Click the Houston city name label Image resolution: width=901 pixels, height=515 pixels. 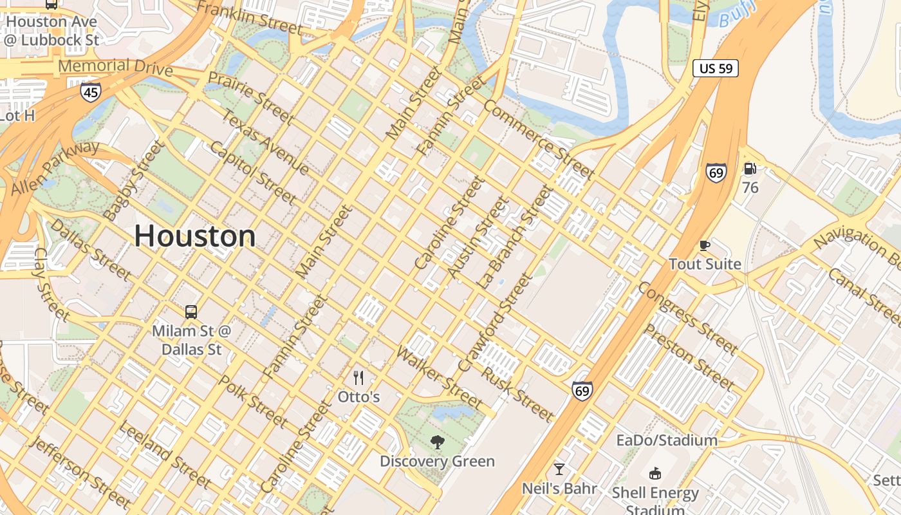[x=195, y=236]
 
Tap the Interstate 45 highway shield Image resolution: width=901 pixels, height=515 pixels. [x=91, y=92]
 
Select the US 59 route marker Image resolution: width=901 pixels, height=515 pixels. [x=716, y=68]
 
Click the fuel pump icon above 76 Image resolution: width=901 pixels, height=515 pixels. [x=750, y=169]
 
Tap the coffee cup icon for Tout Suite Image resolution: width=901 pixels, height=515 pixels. [x=705, y=245]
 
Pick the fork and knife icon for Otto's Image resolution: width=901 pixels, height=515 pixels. [x=359, y=378]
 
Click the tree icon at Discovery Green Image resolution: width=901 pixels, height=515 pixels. [x=438, y=442]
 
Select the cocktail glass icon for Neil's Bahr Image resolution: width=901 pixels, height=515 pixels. [x=559, y=469]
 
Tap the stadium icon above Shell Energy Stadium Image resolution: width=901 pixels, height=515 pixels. [x=655, y=474]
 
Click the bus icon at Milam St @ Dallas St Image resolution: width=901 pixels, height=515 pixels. [x=191, y=312]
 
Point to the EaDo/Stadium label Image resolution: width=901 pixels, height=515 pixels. [x=667, y=440]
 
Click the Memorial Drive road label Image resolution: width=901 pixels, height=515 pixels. [x=115, y=66]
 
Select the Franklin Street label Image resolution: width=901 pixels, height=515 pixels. [x=249, y=17]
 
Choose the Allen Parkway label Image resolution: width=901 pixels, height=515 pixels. [x=55, y=167]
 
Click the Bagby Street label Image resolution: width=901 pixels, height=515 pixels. [x=134, y=181]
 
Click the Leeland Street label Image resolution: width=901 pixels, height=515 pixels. [x=165, y=454]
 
